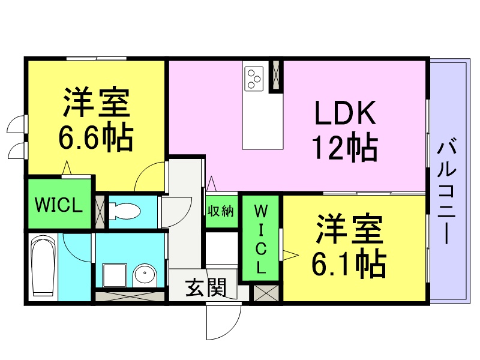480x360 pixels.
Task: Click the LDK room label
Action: point(345,112)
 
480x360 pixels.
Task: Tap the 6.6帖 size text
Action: point(96,138)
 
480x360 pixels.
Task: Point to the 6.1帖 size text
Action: point(349,263)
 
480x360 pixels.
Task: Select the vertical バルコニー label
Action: point(447,192)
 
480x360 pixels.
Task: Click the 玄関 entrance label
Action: point(206,287)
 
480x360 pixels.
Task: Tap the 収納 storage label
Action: point(220,211)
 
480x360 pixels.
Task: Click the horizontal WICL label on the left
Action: point(58,205)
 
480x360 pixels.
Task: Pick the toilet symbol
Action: point(125,211)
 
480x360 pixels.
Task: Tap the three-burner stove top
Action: point(254,79)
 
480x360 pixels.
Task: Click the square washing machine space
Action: point(115,275)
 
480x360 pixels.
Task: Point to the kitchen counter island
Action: point(263,105)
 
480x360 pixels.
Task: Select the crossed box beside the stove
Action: point(276,74)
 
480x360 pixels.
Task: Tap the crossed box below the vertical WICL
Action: point(266,293)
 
